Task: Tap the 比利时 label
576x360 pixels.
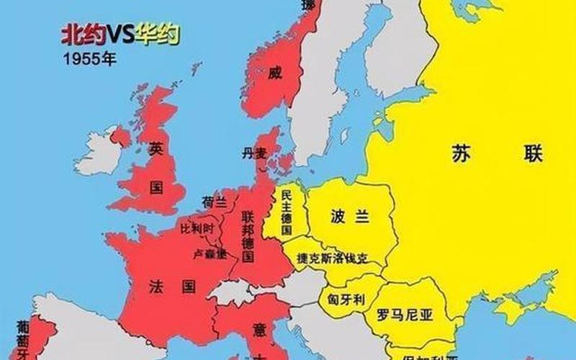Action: (x=197, y=228)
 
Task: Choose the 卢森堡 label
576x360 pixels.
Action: (x=210, y=253)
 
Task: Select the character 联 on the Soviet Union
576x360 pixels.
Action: (x=534, y=153)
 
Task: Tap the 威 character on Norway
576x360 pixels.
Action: (x=273, y=73)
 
